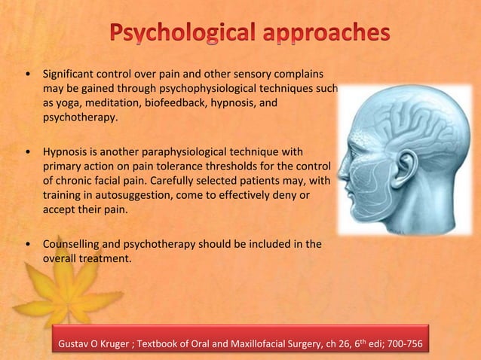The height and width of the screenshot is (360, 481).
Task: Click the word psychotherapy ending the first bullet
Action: point(80,118)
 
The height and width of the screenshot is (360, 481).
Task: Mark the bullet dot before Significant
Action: point(28,75)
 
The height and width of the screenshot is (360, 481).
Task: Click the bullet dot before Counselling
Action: point(28,244)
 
